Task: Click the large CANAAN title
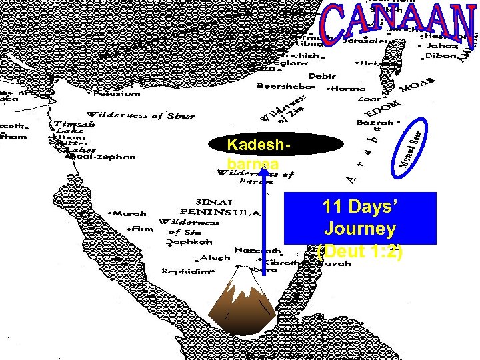click(x=399, y=27)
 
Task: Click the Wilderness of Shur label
click(x=141, y=115)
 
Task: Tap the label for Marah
click(x=129, y=214)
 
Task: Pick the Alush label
click(x=214, y=258)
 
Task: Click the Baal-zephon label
click(x=99, y=157)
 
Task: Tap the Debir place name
click(x=323, y=76)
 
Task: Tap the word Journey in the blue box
click(x=360, y=229)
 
